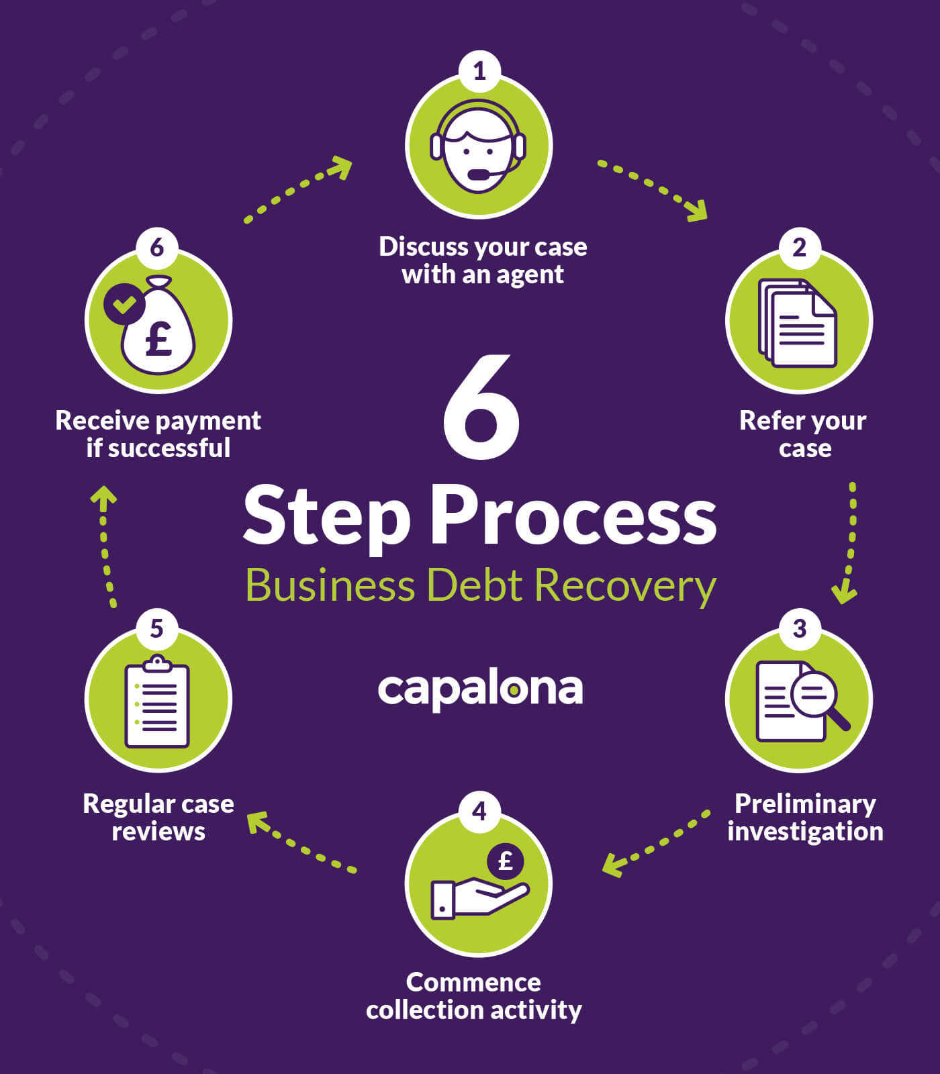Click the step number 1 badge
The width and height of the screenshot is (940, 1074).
click(479, 71)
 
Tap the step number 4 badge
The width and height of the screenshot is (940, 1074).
click(479, 812)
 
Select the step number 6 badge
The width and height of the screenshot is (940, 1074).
click(156, 247)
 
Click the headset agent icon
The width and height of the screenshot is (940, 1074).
click(478, 146)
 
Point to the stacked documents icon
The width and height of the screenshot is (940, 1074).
click(798, 323)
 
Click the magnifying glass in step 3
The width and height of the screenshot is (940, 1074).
click(817, 697)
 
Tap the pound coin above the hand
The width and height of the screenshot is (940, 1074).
click(506, 861)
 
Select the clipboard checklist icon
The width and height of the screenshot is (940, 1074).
click(157, 702)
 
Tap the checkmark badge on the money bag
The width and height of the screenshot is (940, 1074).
click(124, 303)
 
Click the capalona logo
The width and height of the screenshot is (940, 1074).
click(480, 689)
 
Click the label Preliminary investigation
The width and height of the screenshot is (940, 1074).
click(804, 818)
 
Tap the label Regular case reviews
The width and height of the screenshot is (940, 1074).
click(158, 818)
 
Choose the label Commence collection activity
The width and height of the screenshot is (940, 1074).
click(474, 996)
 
